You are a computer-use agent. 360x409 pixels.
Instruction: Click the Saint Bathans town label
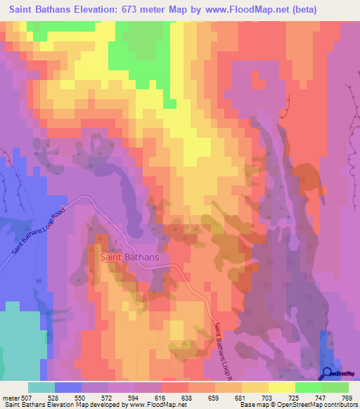(129, 257)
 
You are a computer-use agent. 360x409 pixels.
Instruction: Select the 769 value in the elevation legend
(347, 397)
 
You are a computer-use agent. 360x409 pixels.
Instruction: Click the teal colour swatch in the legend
(41, 387)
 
